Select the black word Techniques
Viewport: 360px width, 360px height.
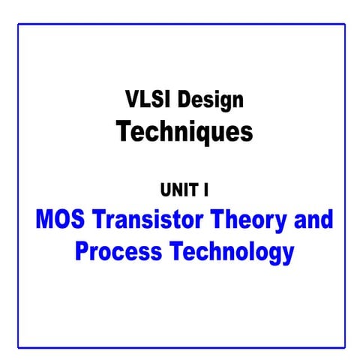click(x=184, y=132)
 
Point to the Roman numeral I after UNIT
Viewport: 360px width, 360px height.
click(x=206, y=190)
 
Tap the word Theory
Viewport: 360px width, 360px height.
click(x=248, y=222)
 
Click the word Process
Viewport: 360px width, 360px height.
click(x=117, y=252)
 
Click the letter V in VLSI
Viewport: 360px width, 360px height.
click(x=128, y=99)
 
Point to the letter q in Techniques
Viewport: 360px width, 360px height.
click(x=199, y=134)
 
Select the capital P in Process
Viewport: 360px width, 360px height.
click(x=82, y=251)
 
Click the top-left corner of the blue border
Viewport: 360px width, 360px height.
click(x=18, y=24)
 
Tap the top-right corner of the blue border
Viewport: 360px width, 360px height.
click(x=345, y=24)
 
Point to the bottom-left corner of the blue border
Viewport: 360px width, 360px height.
click(x=18, y=347)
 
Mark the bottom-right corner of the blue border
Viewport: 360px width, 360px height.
click(x=345, y=347)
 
